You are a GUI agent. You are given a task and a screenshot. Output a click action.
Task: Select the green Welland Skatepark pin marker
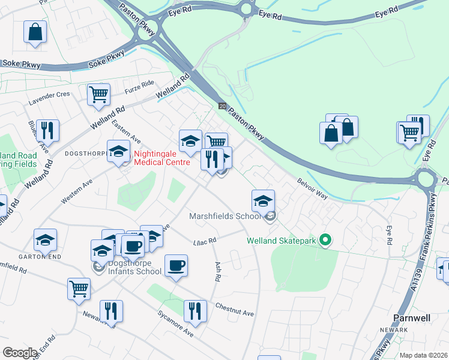coord(325,241)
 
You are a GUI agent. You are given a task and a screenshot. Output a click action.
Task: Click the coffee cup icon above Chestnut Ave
coord(176,265)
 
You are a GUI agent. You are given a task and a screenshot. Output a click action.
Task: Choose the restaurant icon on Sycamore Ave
coord(195,311)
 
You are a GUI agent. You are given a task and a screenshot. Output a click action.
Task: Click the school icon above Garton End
coord(46,240)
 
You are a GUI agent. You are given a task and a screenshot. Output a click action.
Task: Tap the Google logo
coord(20,353)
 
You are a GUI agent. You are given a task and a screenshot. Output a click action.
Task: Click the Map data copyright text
coord(423,355)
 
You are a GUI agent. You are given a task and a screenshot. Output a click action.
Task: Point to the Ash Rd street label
coord(214,272)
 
